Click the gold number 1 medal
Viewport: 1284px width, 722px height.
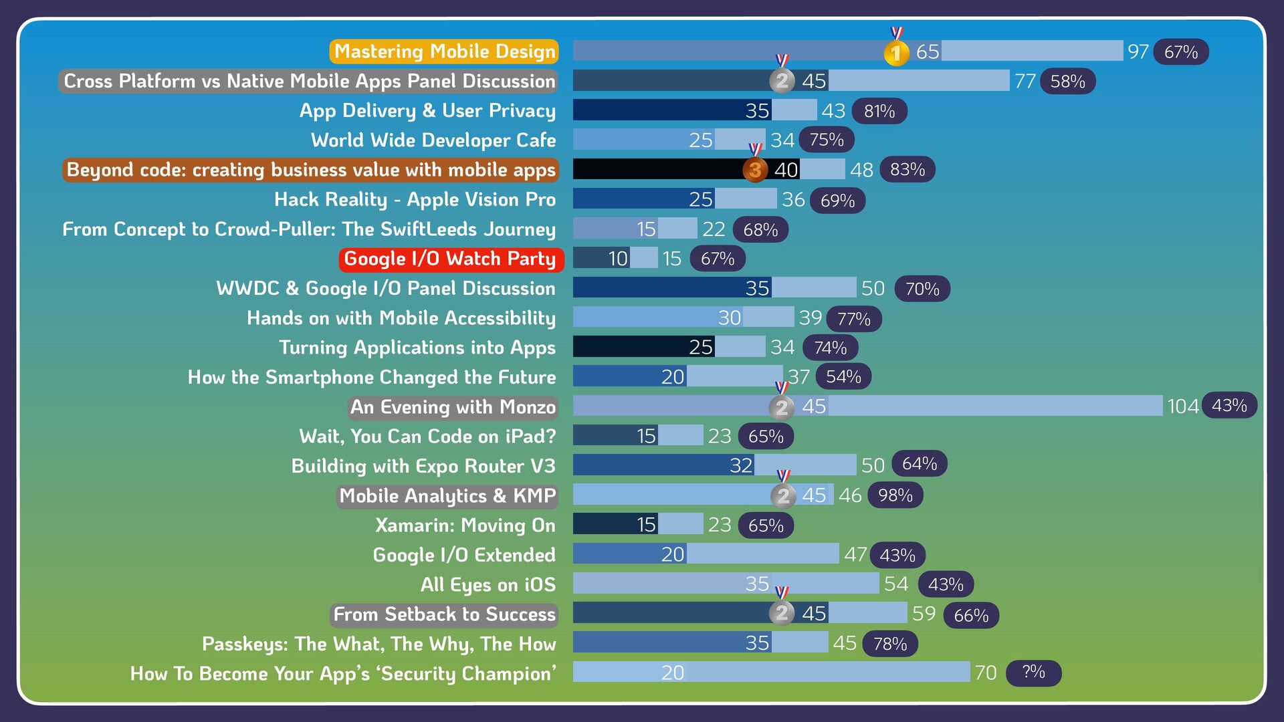point(896,53)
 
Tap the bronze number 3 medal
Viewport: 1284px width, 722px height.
point(755,170)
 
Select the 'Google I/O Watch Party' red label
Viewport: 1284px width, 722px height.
point(451,259)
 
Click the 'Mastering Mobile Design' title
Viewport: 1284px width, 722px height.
point(444,51)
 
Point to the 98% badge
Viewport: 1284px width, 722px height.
point(895,495)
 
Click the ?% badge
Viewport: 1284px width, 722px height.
point(1033,672)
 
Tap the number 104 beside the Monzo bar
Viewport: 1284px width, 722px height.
point(1182,406)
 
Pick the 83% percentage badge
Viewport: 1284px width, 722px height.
point(907,170)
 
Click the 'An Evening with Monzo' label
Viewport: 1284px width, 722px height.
point(453,407)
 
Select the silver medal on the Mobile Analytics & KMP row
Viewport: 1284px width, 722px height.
point(783,495)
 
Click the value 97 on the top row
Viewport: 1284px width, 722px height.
point(1138,51)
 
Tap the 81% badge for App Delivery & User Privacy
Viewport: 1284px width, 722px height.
point(879,111)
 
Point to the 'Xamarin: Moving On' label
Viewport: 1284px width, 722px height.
point(465,525)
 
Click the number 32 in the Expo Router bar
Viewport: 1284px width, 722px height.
point(741,465)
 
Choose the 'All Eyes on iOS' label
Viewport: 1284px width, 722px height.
point(488,585)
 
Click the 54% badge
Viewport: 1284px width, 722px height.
point(843,377)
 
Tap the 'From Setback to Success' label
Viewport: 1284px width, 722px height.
point(444,614)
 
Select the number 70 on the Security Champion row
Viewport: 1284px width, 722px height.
point(985,673)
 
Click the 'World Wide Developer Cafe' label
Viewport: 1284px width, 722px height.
point(433,140)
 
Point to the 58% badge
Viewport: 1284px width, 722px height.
point(1067,82)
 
